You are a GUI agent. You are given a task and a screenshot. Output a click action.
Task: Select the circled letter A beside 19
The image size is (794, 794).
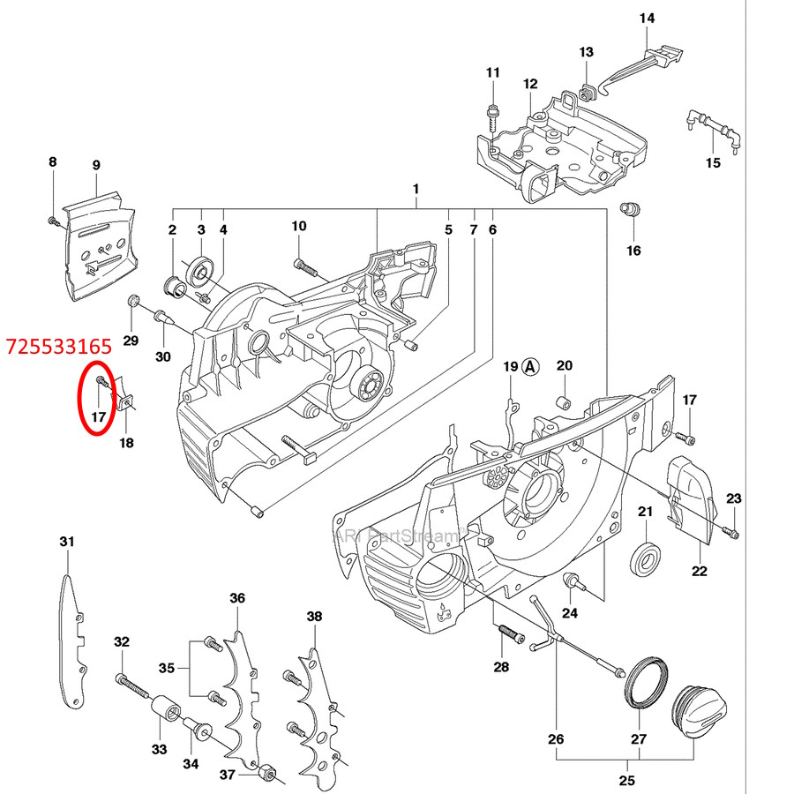530,366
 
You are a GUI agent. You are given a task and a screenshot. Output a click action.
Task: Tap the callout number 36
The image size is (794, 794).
237,598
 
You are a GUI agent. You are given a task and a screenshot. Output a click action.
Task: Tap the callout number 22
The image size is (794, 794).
698,572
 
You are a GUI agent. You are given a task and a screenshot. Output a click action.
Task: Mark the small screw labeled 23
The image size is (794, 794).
731,532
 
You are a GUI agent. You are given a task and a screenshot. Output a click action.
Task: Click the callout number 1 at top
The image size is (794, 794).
415,189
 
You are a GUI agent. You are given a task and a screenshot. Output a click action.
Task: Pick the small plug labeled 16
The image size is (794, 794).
632,209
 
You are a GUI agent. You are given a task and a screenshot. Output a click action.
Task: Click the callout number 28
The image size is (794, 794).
501,667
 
